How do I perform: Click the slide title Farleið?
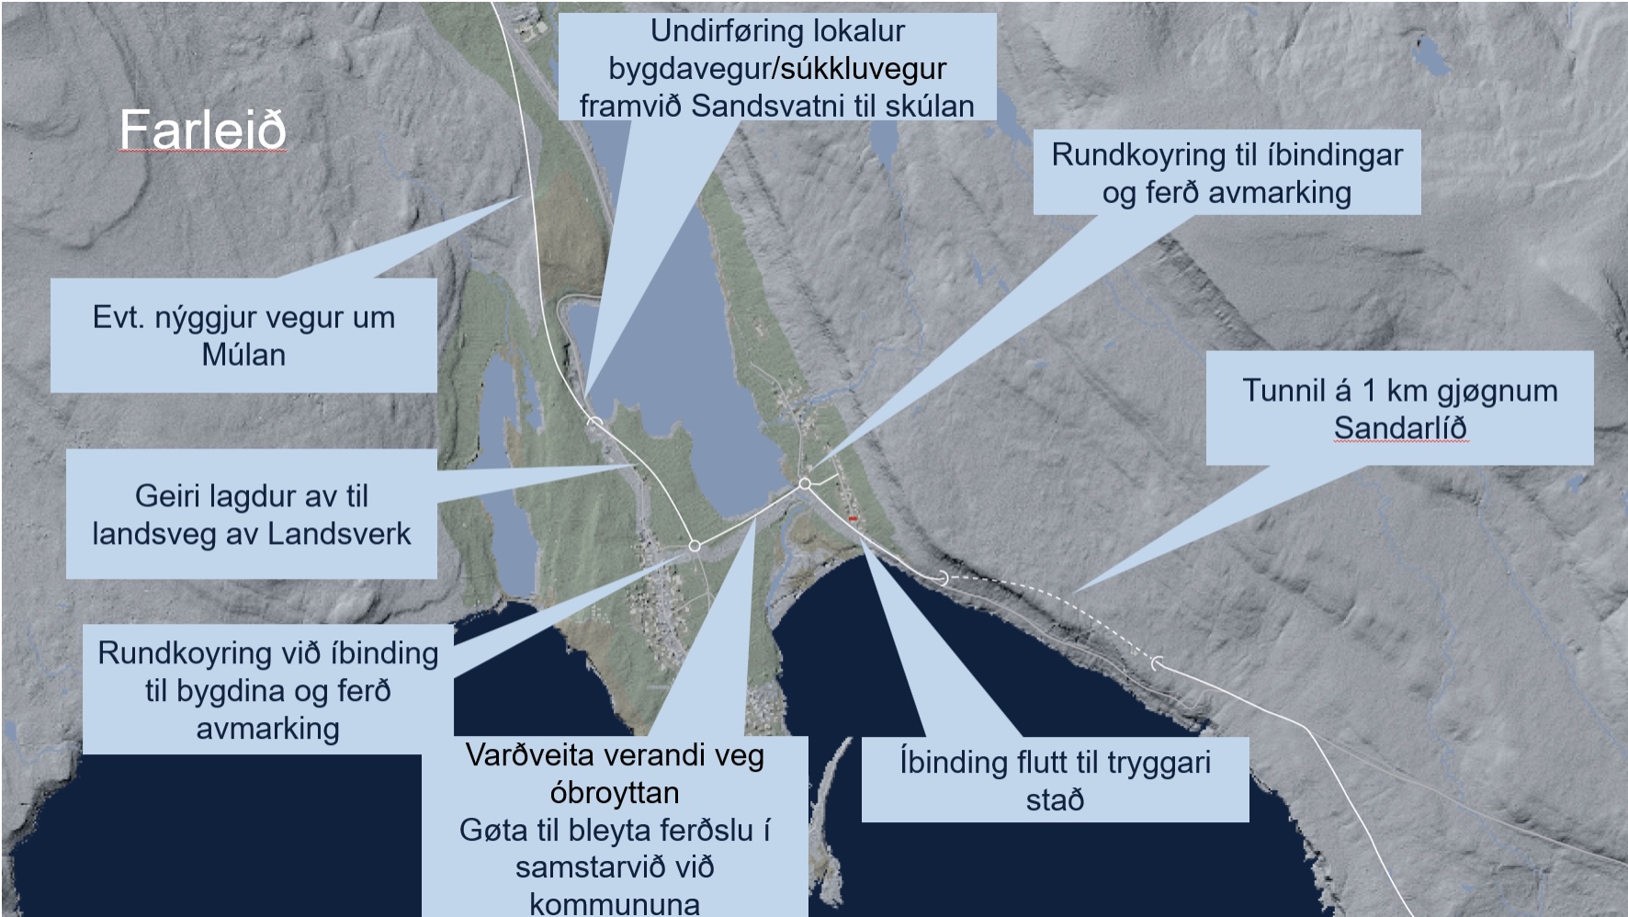202,130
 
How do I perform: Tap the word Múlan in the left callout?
243,355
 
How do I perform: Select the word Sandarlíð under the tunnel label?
1400,428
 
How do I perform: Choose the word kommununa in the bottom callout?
615,904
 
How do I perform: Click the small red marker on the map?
853,520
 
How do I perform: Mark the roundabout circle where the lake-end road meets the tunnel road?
805,483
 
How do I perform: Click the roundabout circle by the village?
695,546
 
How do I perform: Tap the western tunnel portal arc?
944,578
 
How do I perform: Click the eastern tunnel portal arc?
1157,662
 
